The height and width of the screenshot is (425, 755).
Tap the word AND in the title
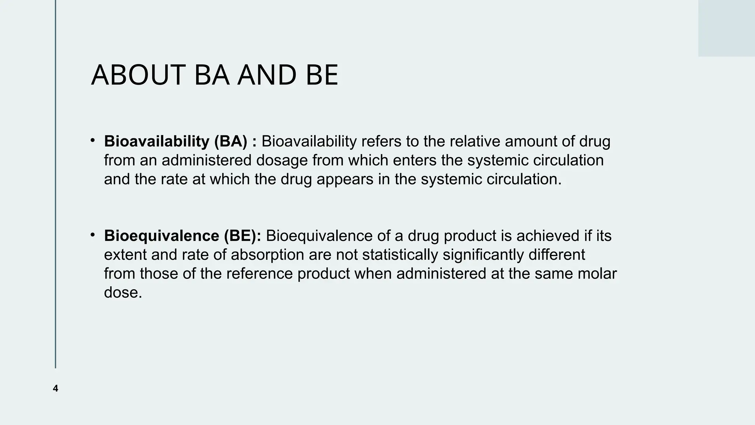click(267, 75)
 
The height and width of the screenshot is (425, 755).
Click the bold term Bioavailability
click(157, 142)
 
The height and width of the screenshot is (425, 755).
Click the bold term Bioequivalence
click(161, 236)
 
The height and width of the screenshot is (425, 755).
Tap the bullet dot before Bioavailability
click(93, 140)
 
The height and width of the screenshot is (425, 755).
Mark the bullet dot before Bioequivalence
click(93, 235)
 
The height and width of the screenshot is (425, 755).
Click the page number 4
click(55, 388)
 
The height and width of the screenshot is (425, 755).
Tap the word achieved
click(548, 236)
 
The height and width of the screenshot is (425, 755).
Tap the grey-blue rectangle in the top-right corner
click(726, 28)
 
